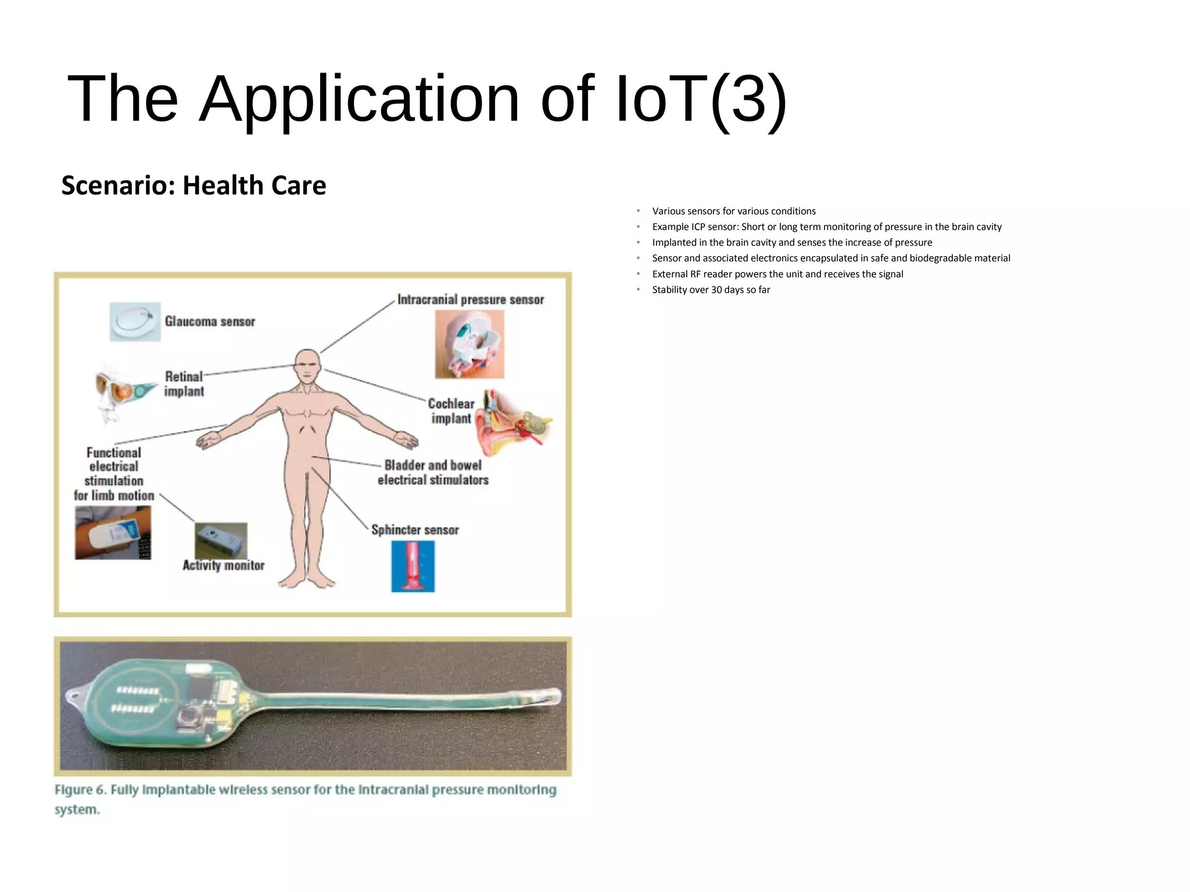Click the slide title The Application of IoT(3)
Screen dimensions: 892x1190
[427, 99]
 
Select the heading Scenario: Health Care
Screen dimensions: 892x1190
[193, 186]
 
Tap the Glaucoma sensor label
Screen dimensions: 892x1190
[210, 322]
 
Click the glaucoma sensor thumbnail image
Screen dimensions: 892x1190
[135, 321]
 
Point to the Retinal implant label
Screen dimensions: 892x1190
[184, 384]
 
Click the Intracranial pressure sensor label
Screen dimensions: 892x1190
[471, 300]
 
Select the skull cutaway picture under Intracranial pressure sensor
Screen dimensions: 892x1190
[469, 344]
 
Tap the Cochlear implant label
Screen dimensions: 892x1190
[451, 411]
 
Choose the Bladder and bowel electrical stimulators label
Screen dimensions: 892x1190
[433, 473]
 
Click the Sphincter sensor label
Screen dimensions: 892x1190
[415, 530]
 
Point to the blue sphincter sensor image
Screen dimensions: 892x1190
[413, 566]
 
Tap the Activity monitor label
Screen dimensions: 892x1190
[223, 566]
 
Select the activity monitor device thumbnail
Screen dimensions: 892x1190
[221, 540]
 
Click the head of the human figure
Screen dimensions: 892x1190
[307, 365]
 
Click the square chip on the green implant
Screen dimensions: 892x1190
[189, 720]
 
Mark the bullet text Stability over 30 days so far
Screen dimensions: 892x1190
[711, 290]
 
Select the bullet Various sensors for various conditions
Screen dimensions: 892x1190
[733, 211]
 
